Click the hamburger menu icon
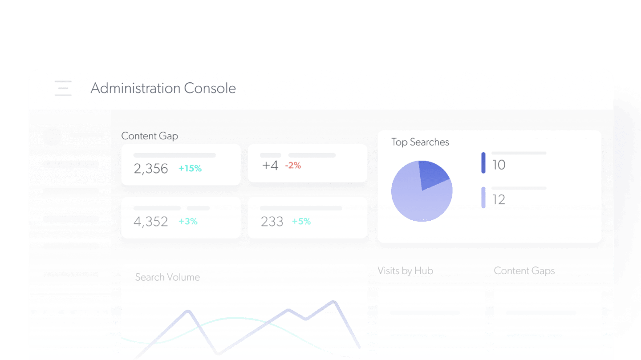pos(63,88)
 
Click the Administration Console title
pos(163,88)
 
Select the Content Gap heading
pos(150,136)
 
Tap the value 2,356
pos(151,169)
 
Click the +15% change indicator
pos(190,169)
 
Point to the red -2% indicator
pos(293,166)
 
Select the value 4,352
pos(151,222)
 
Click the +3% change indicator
pos(188,222)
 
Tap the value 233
pos(272,222)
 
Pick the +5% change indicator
pos(301,222)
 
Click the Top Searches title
pos(420,142)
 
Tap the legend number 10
pos(499,165)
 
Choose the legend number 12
pos(499,200)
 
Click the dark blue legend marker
pos(483,163)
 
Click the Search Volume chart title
pos(167,277)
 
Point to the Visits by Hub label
pos(405,271)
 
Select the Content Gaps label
pos(524,271)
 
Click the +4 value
pos(270,166)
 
